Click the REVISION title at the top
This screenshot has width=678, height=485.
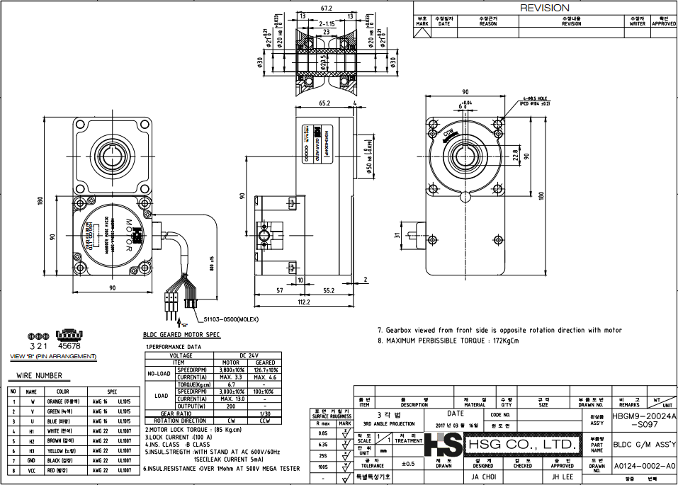tap(544, 8)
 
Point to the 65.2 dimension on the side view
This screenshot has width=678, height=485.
tap(324, 103)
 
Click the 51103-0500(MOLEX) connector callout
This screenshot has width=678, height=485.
tap(232, 320)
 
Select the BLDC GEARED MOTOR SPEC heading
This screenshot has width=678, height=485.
tap(181, 334)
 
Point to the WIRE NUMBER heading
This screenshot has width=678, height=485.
tap(39, 376)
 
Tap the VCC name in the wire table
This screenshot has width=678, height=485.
tap(30, 469)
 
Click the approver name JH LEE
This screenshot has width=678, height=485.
tap(563, 477)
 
